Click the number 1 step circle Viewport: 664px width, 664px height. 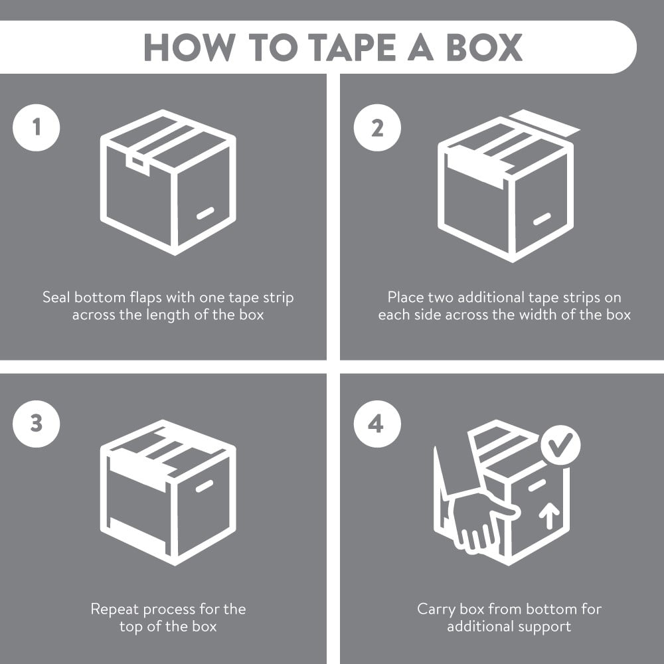click(x=37, y=127)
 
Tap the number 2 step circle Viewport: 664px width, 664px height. click(x=377, y=127)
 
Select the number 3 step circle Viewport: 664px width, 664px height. click(x=37, y=424)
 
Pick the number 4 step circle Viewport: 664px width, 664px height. click(x=377, y=424)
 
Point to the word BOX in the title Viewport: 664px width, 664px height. click(x=483, y=47)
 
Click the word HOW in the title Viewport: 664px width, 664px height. click(x=190, y=47)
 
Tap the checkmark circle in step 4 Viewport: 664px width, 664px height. click(x=560, y=445)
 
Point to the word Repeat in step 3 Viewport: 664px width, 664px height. click(x=115, y=610)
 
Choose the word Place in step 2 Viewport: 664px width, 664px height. click(x=405, y=297)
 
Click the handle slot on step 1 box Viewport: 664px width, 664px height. click(x=205, y=213)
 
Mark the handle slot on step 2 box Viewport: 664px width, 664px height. click(x=542, y=219)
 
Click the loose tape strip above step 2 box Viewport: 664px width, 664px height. click(x=544, y=123)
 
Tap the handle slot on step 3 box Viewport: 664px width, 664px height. click(x=205, y=486)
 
